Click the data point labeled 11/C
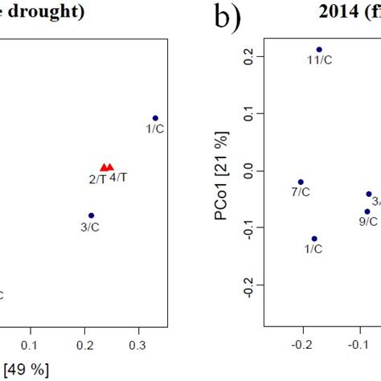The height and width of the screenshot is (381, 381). point(319,49)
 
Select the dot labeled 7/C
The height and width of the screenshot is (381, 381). point(301,182)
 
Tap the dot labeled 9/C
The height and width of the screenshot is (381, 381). point(367,211)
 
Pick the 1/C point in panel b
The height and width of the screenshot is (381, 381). point(314,238)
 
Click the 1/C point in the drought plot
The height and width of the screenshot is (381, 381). point(155,118)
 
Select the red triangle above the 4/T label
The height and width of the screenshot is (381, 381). point(110,167)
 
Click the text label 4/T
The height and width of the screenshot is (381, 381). point(117,177)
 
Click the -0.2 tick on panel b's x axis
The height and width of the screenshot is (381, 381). point(301,344)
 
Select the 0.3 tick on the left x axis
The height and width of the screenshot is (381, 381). point(140,344)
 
